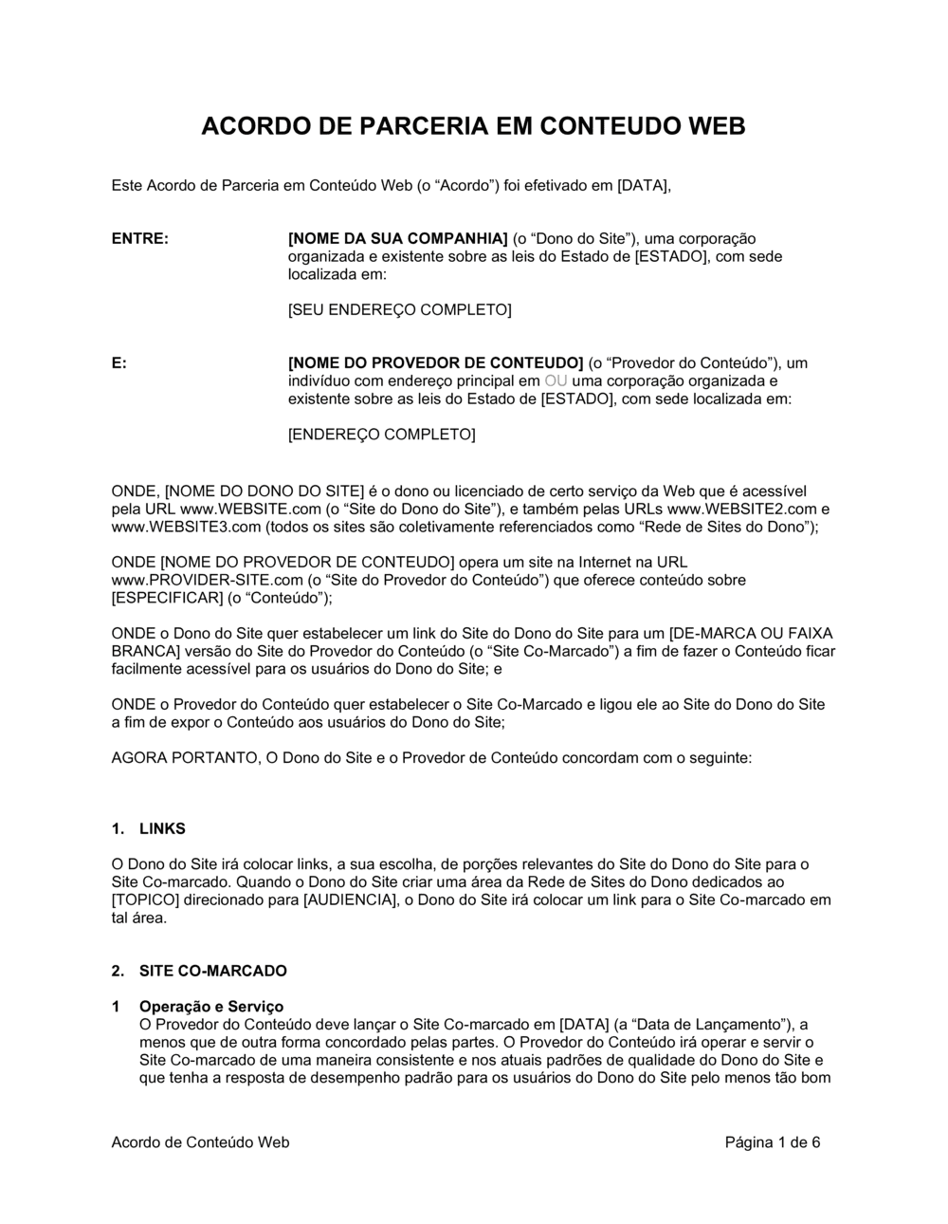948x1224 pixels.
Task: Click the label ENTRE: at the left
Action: click(x=140, y=238)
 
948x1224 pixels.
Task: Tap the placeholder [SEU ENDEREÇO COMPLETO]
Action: click(x=399, y=309)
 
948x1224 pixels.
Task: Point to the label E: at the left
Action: click(x=119, y=362)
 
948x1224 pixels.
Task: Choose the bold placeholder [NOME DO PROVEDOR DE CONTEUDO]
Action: click(x=435, y=362)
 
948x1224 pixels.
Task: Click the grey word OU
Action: click(x=556, y=380)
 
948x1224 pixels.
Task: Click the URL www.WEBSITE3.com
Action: click(x=186, y=527)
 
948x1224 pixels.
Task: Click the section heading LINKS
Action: click(x=162, y=828)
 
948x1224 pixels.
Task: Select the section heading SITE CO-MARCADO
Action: click(x=212, y=971)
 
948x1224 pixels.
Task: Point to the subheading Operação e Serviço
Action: click(x=210, y=1007)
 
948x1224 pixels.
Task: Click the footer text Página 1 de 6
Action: click(x=773, y=1142)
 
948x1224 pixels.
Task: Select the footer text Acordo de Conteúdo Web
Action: click(x=200, y=1142)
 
